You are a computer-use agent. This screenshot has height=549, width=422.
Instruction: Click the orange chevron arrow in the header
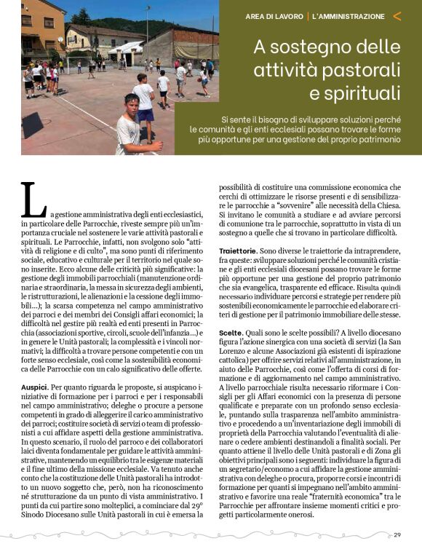pyautogui.click(x=397, y=15)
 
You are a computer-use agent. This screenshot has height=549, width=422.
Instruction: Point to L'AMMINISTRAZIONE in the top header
pyautogui.click(x=348, y=15)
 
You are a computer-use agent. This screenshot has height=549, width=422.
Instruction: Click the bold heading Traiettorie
pyautogui.click(x=238, y=250)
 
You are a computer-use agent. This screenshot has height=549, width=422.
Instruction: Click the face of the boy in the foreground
pyautogui.click(x=132, y=108)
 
